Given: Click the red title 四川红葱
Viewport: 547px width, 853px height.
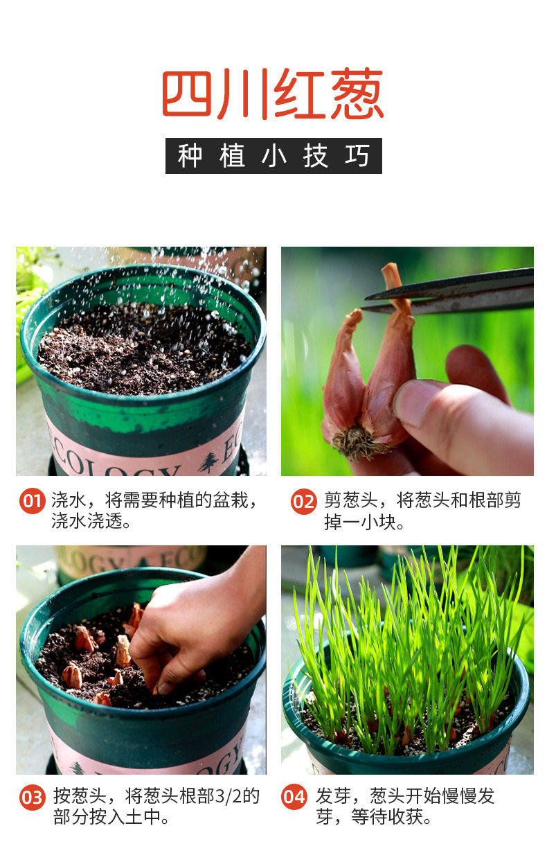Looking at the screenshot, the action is (x=273, y=94).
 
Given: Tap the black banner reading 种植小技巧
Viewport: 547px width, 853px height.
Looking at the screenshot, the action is (x=273, y=156).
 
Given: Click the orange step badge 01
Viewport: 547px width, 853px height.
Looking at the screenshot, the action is (x=33, y=501).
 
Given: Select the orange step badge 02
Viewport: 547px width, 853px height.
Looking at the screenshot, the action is (x=303, y=501).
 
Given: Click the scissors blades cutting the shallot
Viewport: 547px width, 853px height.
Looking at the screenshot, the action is (x=448, y=291).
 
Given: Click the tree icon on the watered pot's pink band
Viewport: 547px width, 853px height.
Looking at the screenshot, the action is (x=208, y=462).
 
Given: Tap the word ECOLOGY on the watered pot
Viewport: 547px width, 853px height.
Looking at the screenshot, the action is (x=114, y=463).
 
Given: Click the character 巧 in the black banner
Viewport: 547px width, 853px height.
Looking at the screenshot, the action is (x=357, y=156).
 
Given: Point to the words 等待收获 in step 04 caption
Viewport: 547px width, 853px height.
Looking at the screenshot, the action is (x=386, y=817).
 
